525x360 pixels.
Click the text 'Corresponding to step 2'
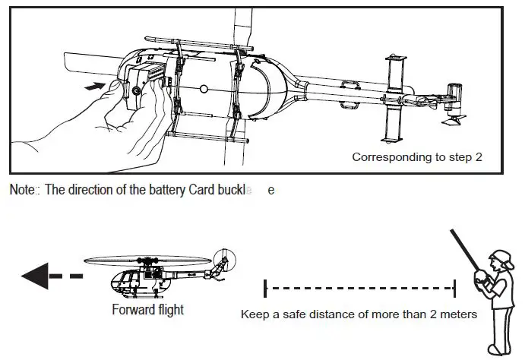click(x=417, y=157)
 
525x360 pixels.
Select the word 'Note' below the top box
click(x=21, y=190)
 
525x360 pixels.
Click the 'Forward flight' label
click(x=147, y=309)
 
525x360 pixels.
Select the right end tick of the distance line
click(x=454, y=289)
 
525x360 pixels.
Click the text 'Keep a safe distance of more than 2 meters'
click(x=359, y=314)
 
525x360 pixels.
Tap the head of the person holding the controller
click(x=496, y=263)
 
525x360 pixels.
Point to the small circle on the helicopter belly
click(x=204, y=89)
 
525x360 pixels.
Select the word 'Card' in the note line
click(x=201, y=190)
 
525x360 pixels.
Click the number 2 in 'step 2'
click(x=479, y=157)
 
